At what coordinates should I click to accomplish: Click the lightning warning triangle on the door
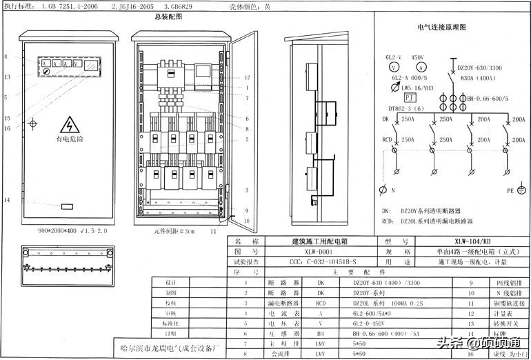tap(70, 125)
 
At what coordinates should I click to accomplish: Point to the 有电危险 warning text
tap(70, 139)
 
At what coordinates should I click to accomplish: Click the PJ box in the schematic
tap(410, 98)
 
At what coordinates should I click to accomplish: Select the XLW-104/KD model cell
tap(473, 242)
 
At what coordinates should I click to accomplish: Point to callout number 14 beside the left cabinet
tap(6, 200)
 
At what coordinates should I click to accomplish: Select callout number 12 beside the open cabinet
tap(247, 77)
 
